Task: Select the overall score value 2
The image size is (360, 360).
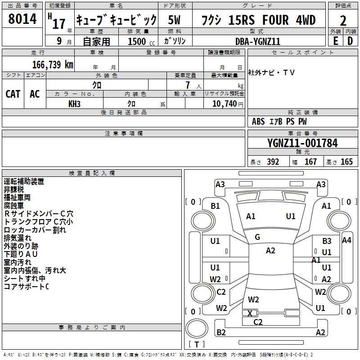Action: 343,21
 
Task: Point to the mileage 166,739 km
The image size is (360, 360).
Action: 53,64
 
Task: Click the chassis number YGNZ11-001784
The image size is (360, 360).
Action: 302,143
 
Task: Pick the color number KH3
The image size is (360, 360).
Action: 74,103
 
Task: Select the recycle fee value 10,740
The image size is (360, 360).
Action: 224,103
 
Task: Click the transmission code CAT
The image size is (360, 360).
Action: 13,94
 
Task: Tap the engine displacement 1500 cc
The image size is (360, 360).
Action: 137,41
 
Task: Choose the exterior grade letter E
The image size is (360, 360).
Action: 335,41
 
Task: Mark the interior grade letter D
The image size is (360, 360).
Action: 350,41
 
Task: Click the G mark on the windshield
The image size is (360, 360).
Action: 257,237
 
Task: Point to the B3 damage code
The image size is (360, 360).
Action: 327,241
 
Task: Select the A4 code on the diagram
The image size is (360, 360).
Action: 346,240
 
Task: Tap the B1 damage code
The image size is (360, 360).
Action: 216,206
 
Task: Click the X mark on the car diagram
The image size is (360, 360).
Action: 250,313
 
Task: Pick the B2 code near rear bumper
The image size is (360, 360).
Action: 221,333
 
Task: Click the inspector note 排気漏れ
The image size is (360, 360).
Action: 18,238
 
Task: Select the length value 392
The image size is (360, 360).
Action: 272,162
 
